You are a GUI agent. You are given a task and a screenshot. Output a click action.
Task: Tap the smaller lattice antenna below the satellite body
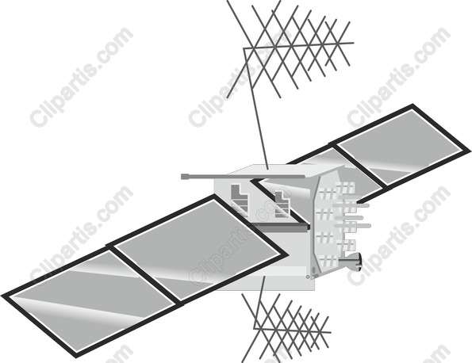(286, 328)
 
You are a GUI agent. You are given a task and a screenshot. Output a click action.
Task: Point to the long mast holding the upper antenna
(255, 109)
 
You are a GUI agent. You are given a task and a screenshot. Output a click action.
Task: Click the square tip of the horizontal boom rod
(184, 177)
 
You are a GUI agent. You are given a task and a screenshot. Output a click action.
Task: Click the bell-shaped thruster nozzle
(350, 262)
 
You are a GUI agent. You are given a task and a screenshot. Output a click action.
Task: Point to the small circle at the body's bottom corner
(307, 277)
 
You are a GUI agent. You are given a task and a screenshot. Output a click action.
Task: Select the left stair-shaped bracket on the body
(240, 200)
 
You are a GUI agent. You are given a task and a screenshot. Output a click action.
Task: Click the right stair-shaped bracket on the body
(282, 204)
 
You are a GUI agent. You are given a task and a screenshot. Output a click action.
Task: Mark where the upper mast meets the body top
(267, 169)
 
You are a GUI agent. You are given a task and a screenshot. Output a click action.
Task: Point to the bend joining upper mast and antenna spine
(244, 48)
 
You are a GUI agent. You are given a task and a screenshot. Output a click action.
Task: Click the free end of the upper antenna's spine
(353, 43)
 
